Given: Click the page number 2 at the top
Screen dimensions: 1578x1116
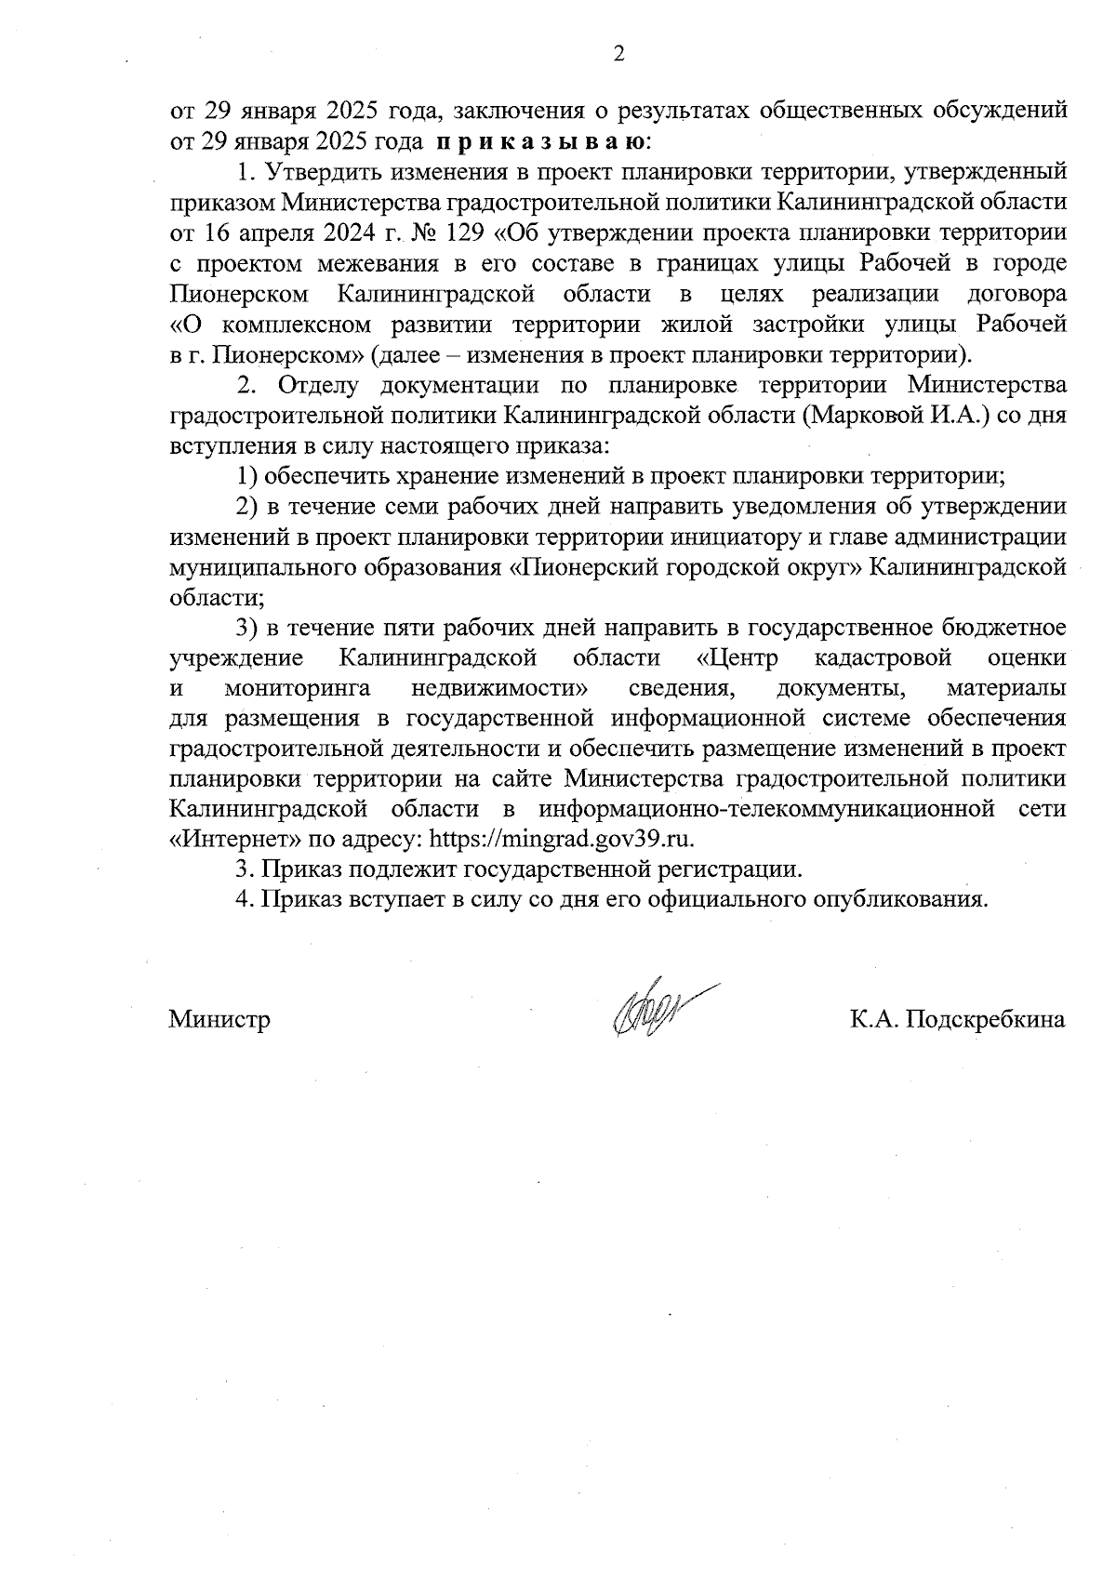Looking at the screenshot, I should coord(618,55).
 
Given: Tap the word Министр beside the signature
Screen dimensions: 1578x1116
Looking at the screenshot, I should coord(219,1020).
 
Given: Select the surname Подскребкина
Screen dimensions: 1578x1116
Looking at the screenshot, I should coord(986,1020).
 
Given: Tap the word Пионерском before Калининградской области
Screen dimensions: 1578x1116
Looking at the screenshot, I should coord(239,295).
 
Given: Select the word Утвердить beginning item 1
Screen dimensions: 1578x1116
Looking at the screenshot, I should coord(312,173).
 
